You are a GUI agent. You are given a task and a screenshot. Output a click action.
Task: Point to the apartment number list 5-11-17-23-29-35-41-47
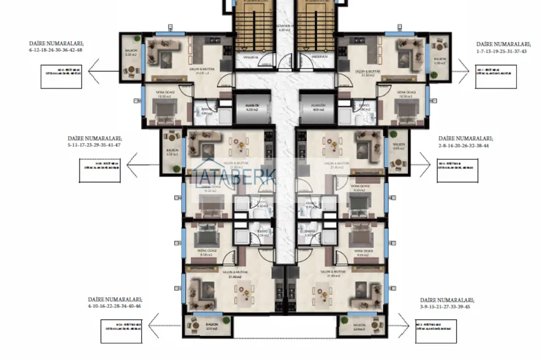[x=94, y=145]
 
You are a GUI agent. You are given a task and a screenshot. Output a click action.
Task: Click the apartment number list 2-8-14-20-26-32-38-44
[x=464, y=145]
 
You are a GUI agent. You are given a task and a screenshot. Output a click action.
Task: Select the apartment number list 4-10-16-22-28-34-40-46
[x=115, y=306]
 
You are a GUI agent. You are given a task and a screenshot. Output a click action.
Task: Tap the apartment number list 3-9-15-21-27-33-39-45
[x=446, y=306]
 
